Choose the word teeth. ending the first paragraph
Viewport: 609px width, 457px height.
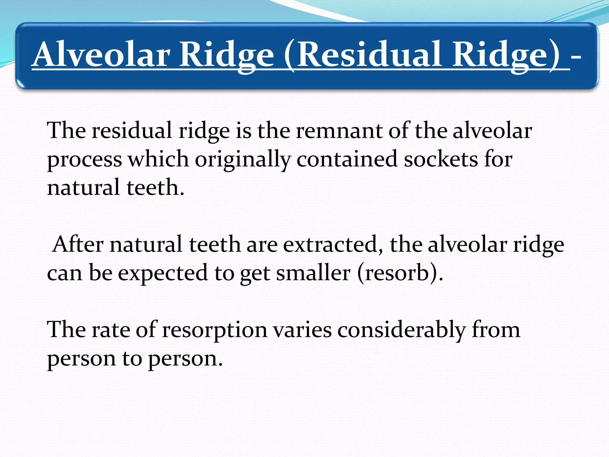[155, 187]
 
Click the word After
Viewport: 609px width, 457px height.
[78, 244]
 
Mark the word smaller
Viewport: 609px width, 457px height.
[313, 273]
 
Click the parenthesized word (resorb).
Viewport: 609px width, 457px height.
[400, 273]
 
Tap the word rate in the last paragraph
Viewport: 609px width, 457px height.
[111, 330]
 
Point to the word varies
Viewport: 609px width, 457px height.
[302, 330]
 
